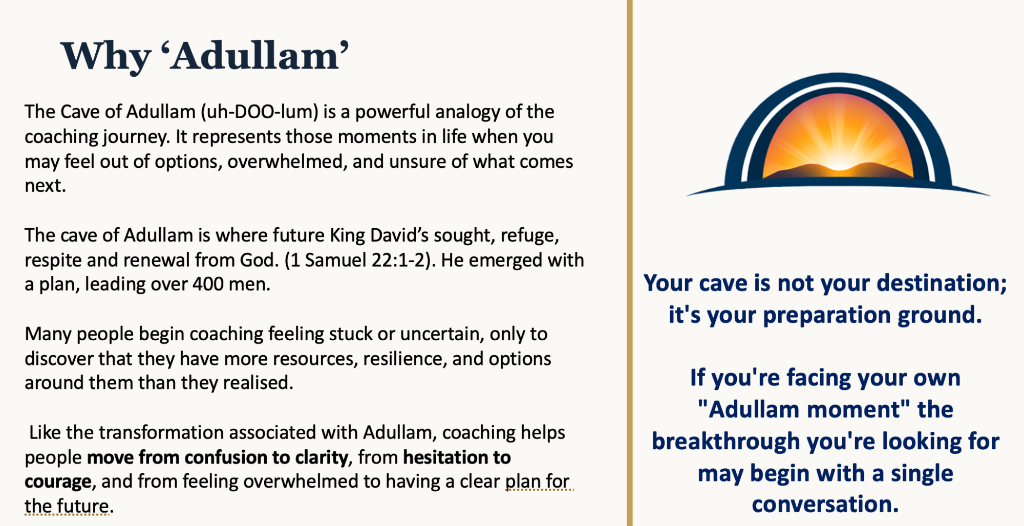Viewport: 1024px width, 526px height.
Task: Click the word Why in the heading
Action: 105,56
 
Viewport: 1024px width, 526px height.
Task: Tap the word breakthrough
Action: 733,441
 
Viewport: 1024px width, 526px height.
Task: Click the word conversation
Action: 825,504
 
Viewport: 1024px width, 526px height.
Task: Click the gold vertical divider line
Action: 630,263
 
